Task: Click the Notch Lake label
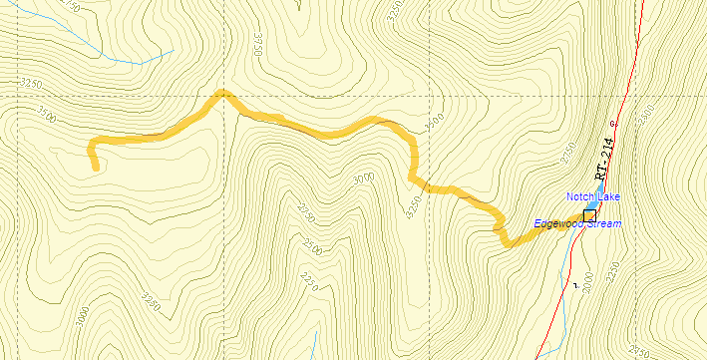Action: point(593,196)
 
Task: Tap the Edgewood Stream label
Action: point(576,223)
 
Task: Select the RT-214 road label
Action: point(605,159)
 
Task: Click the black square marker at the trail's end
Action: point(589,215)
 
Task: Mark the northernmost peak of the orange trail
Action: point(222,93)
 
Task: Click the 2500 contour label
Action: point(313,245)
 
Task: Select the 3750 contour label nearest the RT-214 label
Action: point(571,155)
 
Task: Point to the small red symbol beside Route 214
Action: point(612,124)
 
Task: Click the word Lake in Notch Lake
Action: point(607,196)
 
